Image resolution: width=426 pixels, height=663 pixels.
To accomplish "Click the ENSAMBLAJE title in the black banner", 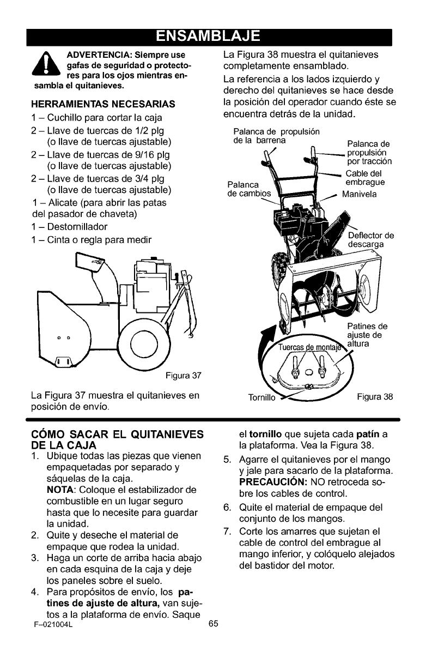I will pos(213,36).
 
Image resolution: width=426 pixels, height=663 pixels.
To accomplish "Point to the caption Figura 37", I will pos(184,373).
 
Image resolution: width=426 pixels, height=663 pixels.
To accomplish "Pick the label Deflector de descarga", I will pos(370,240).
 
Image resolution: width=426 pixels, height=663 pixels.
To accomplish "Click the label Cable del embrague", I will pos(365,178).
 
